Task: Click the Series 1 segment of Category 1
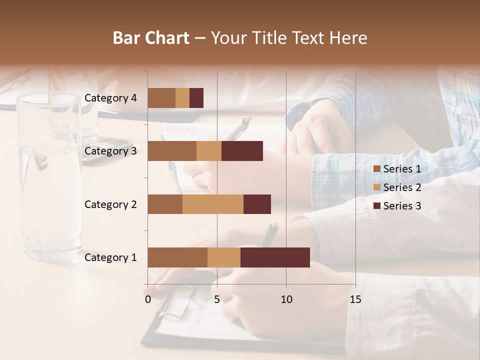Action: [177, 257]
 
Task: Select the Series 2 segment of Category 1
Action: [224, 257]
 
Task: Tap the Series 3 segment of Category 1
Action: [275, 257]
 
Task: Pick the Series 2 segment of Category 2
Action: [213, 204]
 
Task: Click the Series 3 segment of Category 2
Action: [257, 204]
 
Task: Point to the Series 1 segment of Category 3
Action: [172, 151]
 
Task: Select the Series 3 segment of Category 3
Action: [242, 151]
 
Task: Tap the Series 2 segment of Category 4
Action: [182, 98]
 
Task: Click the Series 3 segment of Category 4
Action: [196, 98]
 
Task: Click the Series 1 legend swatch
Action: [376, 169]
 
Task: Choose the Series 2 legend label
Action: [402, 187]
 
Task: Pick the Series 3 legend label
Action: [402, 205]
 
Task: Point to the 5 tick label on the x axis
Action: [217, 299]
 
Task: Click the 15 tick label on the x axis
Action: [355, 299]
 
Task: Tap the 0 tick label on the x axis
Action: [148, 299]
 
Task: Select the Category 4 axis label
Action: [110, 98]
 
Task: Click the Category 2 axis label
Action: [110, 204]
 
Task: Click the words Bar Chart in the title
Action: [151, 38]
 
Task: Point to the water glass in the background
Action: [49, 175]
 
